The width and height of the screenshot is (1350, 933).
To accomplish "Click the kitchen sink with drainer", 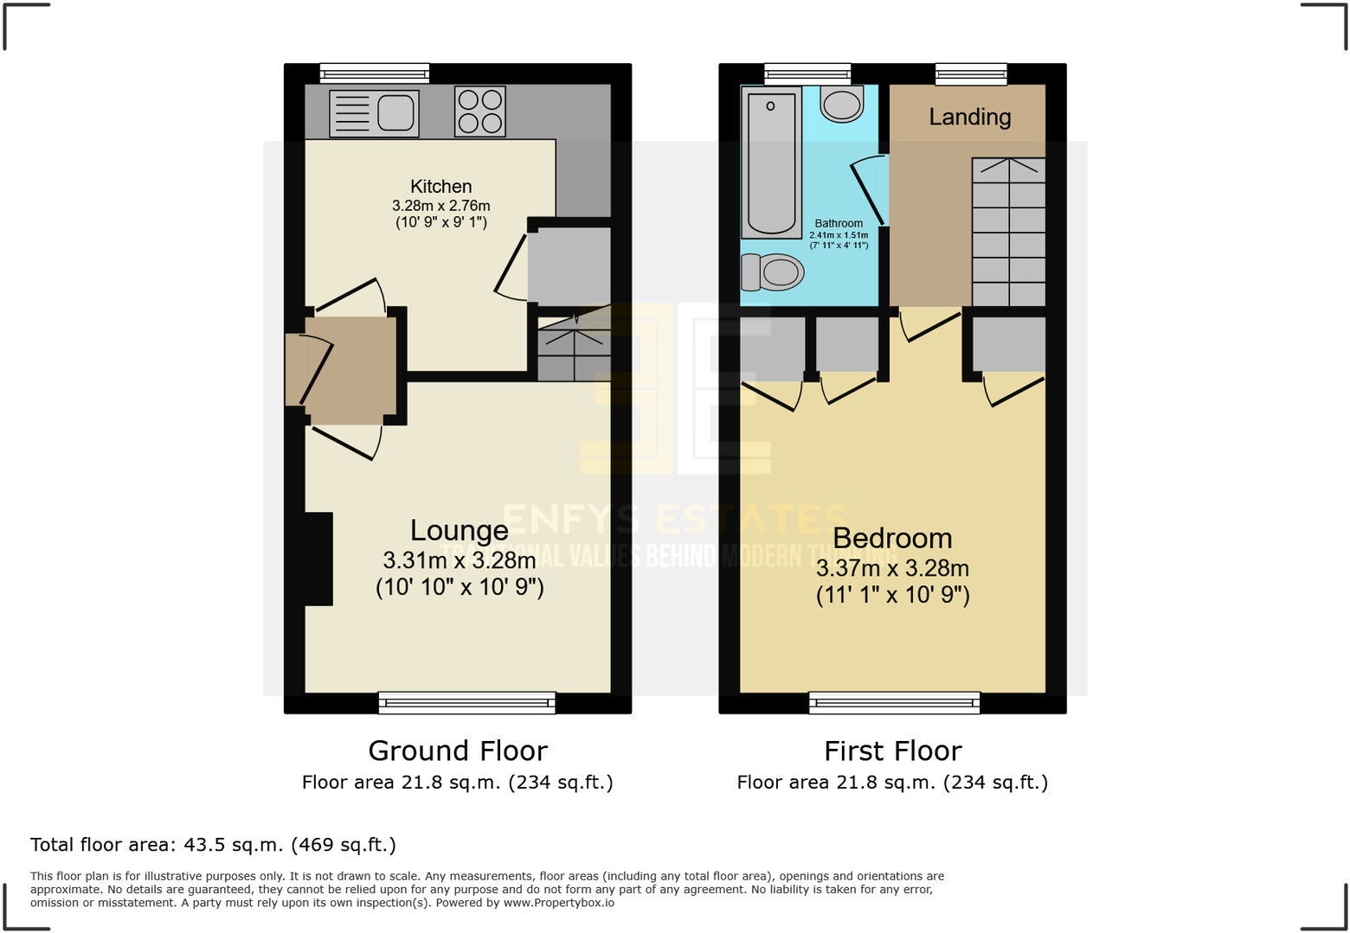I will pos(374,113).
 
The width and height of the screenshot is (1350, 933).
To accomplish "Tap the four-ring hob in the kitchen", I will pos(480,112).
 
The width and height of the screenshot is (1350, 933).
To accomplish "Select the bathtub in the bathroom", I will pos(771,162).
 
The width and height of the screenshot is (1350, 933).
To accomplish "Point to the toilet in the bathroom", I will pos(773,272).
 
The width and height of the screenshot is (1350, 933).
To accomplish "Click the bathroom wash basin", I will pos(841,104).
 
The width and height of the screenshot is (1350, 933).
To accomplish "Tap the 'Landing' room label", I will pos(969,117).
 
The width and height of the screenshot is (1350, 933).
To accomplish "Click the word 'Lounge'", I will pos(459,530).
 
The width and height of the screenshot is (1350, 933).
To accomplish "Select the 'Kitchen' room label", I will pos(440,186).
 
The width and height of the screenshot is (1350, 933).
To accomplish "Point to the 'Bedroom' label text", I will pos(892,538).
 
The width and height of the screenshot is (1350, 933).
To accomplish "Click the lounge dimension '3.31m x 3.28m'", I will pos(459,560).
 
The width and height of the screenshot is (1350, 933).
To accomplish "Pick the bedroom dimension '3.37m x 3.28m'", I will pos(892,568).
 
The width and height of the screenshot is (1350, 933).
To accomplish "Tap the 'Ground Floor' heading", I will pos(458,751).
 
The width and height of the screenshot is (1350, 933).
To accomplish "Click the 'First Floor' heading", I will pos(892,751).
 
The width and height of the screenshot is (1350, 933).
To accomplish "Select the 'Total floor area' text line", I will pos(213,845).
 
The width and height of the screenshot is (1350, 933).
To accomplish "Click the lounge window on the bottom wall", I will pos(466,703).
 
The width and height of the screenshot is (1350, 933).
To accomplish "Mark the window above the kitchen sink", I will pos(374,73).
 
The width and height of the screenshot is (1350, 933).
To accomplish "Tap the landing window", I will pos(971,73).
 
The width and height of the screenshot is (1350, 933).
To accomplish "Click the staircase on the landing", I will pos(1008,232).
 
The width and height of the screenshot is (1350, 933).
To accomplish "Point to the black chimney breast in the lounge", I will pos(318,559).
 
